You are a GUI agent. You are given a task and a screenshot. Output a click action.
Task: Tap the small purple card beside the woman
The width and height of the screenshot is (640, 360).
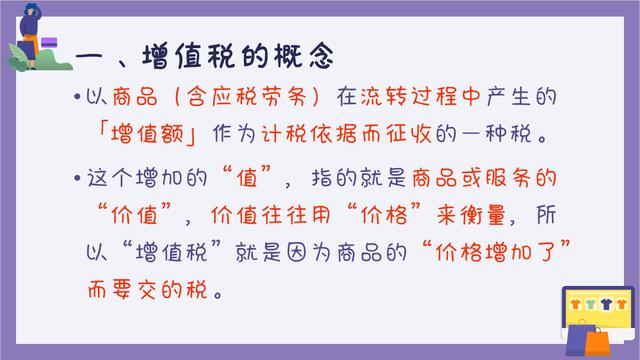click(46, 43)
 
